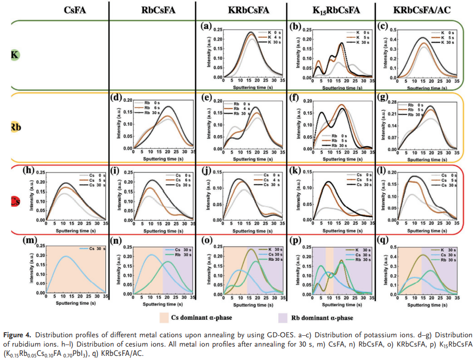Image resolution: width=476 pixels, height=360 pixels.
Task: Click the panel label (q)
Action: coord(387,240)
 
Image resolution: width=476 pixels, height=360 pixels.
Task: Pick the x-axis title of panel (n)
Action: coord(153,304)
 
